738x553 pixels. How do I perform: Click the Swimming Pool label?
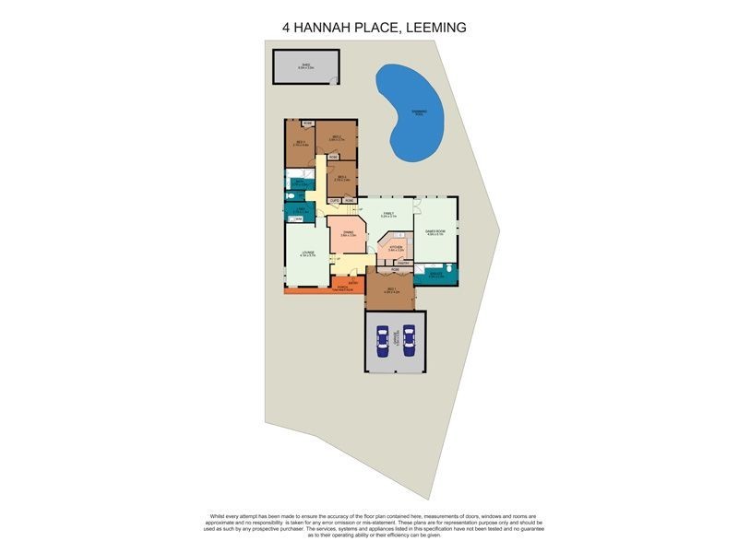click(419, 112)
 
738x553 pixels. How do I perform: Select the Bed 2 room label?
click(337, 139)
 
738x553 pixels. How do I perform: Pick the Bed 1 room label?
click(391, 290)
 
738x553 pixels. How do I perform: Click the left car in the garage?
click(381, 341)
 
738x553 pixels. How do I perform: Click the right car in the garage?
click(409, 341)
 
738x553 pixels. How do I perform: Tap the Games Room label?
click(435, 232)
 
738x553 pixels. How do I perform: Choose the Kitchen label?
click(395, 249)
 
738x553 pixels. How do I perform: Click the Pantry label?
click(403, 263)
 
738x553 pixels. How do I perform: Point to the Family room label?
click(388, 215)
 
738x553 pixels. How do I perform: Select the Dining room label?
click(348, 234)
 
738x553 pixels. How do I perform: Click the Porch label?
click(342, 288)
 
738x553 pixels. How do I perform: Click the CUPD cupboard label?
click(335, 200)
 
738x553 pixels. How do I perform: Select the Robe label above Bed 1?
click(395, 270)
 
